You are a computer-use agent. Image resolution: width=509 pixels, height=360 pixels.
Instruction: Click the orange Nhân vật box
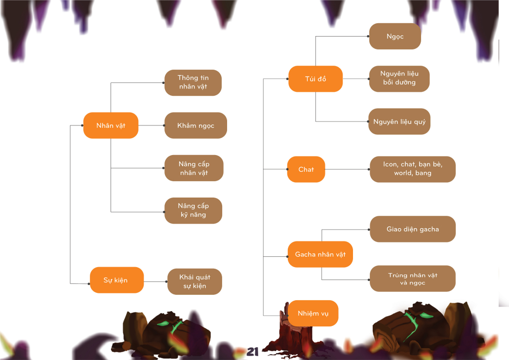(111, 125)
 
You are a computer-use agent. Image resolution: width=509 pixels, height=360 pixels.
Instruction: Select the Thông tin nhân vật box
(193, 82)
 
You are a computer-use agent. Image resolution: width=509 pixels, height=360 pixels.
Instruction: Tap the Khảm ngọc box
(196, 125)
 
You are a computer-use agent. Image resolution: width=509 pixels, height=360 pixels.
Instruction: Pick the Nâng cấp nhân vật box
(194, 168)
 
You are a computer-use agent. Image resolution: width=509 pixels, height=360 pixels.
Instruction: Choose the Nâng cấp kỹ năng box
(193, 211)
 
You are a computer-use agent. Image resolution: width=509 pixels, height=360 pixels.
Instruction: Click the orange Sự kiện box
(117, 280)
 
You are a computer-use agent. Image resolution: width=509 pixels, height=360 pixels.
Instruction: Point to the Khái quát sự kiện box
(195, 281)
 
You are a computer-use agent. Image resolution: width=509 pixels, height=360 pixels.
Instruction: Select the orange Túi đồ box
(315, 79)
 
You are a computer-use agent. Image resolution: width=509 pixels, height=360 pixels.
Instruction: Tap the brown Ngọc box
(395, 36)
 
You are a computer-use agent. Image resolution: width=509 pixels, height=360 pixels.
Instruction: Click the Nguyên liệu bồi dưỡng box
(399, 79)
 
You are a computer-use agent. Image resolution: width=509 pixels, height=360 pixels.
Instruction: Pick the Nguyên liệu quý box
(399, 121)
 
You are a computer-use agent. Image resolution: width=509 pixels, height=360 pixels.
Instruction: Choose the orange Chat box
(306, 169)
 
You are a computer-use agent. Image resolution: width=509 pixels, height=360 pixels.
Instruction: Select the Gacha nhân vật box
(320, 254)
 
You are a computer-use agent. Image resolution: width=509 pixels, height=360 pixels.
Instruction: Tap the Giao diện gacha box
(412, 229)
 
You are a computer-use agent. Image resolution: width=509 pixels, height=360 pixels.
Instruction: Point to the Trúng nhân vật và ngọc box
(412, 279)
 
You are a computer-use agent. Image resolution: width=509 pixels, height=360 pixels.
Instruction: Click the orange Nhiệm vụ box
(313, 313)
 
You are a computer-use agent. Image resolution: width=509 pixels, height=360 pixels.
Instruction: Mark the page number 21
(253, 352)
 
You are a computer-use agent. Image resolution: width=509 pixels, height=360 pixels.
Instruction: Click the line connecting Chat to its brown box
(347, 169)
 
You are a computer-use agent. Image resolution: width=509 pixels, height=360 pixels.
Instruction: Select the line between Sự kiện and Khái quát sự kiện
(156, 281)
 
